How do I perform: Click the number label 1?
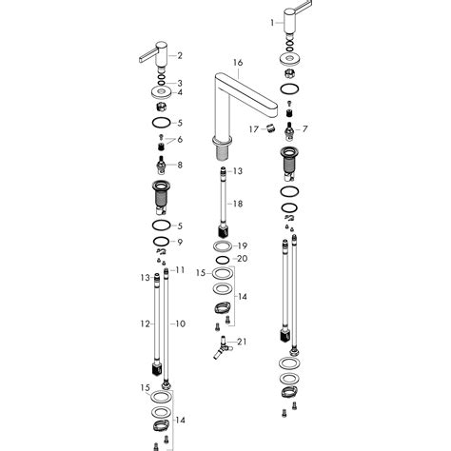272,21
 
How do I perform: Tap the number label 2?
180,56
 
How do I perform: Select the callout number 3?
180,83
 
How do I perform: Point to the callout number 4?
180,92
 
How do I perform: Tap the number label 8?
180,165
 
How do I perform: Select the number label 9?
180,242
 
